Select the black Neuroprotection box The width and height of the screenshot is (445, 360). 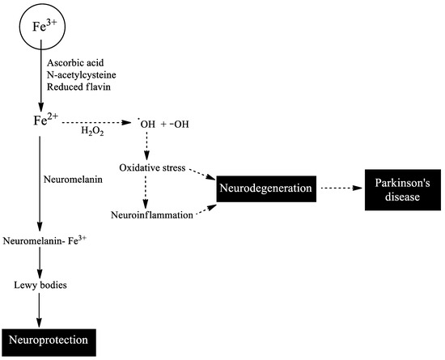(49, 341)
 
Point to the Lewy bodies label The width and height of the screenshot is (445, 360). (38, 285)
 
